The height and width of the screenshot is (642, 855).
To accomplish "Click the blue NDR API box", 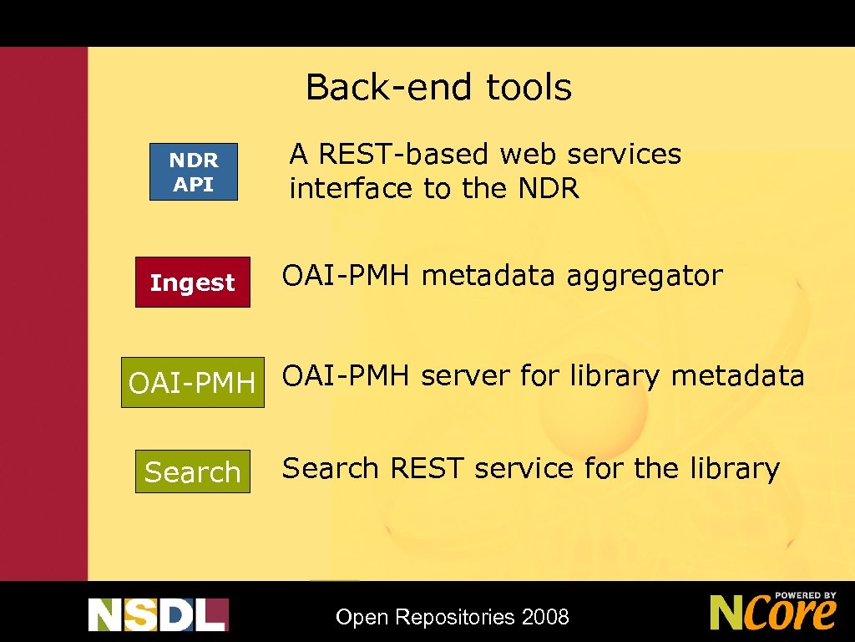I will pos(194,172).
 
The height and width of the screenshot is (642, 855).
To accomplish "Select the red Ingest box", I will pos(192,283).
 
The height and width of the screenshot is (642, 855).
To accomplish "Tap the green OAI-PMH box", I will pos(192,383).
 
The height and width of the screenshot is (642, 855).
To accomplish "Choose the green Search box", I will pos(192,472).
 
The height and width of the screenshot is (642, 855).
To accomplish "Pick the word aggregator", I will pos(645,276).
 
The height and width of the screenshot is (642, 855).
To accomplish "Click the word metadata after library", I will pos(737,376).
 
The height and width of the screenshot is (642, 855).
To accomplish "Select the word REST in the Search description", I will pos(426,468).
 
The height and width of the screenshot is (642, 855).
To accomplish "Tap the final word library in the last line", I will pos(734,468).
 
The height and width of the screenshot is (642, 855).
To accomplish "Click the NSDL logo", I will pos(158,614).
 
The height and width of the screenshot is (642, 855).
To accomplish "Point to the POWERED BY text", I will pos(805,596).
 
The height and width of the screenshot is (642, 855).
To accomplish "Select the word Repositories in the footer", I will pos(455,618).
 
